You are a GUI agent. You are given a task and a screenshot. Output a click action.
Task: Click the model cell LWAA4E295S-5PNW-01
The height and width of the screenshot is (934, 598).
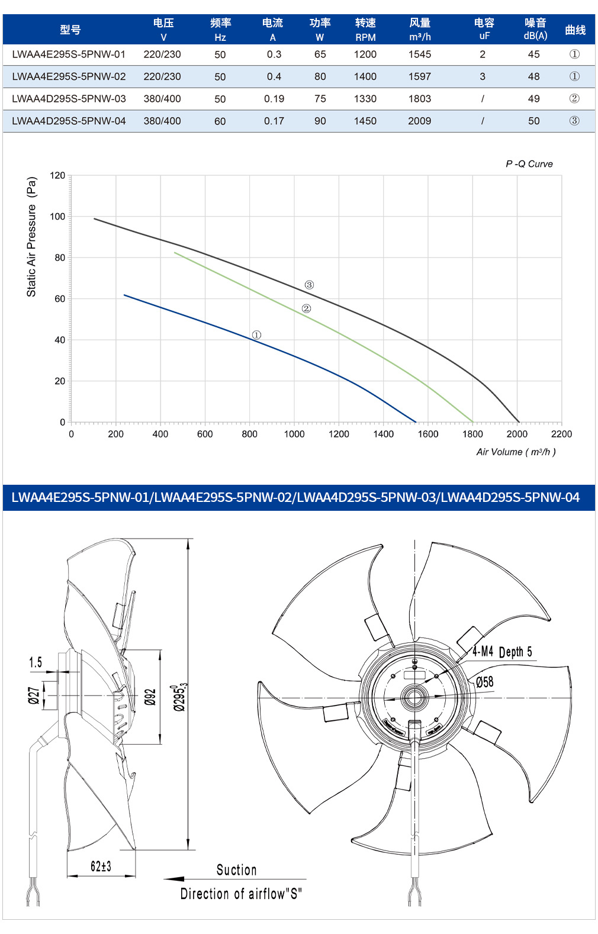coord(69,54)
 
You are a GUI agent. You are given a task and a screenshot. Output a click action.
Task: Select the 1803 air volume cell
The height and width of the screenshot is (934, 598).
coord(420,99)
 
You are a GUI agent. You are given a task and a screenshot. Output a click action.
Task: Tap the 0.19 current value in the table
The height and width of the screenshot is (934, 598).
coord(274,99)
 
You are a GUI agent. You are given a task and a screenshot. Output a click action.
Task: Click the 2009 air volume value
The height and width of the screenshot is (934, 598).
coord(420,121)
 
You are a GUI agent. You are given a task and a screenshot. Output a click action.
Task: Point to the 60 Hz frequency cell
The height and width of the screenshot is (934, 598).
coord(220,121)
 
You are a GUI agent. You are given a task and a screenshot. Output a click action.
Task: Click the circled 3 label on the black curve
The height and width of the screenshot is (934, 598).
coord(309,285)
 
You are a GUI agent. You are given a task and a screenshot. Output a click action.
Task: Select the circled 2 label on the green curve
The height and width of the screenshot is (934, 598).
coord(306,308)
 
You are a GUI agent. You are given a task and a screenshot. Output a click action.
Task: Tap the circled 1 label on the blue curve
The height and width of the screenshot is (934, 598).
coord(256,335)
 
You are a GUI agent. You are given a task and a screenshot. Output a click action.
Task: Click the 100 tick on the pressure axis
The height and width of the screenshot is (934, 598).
coord(57,217)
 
